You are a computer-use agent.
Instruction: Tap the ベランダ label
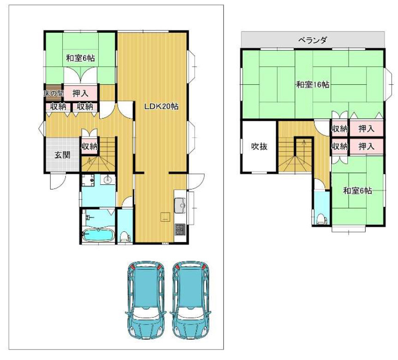[x=312, y=40]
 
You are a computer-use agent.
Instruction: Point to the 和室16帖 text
[x=312, y=85]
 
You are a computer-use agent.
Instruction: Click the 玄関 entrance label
[x=63, y=155]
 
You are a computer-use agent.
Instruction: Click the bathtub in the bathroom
[x=98, y=235]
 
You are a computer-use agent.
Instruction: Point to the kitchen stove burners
[x=179, y=229]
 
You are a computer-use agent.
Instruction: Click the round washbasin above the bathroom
[x=109, y=179]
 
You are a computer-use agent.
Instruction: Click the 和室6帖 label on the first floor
[x=80, y=58]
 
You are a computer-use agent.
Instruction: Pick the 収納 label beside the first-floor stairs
[x=89, y=147]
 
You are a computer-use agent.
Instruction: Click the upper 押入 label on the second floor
[x=366, y=129]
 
